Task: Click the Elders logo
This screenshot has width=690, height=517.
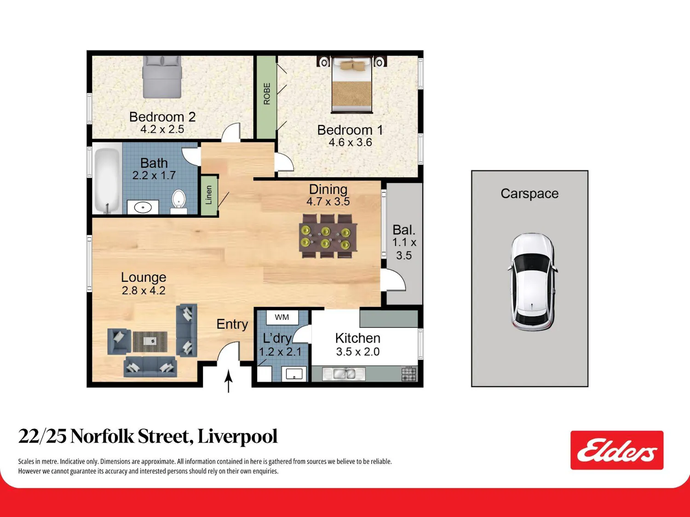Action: [x=617, y=450]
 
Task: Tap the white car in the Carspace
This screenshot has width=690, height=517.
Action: [x=532, y=282]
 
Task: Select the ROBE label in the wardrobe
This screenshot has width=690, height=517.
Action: [x=267, y=94]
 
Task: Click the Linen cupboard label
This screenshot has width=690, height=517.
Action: [x=209, y=195]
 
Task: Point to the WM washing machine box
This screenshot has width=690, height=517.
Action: [x=282, y=318]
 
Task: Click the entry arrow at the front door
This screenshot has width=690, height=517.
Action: [x=229, y=381]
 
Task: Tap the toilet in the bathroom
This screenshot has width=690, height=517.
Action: [x=179, y=201]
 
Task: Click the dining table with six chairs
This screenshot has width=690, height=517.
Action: [x=328, y=236]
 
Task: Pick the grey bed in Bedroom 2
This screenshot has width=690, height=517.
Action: [x=162, y=77]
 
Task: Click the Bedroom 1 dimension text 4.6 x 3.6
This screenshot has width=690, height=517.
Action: [x=350, y=142]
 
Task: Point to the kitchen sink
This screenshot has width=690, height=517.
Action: [x=344, y=374]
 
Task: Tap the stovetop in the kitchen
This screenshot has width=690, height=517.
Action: [x=409, y=374]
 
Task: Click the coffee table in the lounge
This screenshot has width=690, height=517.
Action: [x=150, y=341]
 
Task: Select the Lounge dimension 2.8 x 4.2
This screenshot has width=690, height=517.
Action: [x=144, y=290]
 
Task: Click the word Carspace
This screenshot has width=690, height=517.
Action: [x=529, y=193]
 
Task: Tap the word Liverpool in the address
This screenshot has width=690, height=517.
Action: [x=237, y=437]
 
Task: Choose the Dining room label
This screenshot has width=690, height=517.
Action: [x=328, y=189]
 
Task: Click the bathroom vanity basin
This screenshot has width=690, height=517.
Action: [x=143, y=207]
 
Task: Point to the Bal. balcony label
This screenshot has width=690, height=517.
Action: [x=404, y=230]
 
